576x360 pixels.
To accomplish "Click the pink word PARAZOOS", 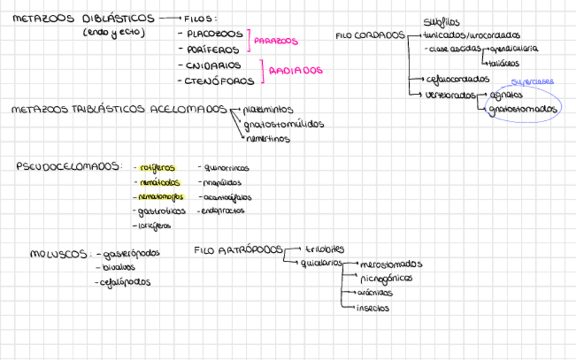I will (276, 41).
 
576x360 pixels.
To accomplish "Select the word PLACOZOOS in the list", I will (214, 33).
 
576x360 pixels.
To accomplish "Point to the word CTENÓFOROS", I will (219, 82).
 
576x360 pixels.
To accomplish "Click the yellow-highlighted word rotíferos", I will (157, 167).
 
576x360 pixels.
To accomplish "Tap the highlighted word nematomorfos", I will (160, 197).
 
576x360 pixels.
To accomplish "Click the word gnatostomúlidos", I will (283, 124).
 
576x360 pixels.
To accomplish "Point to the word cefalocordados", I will (458, 78).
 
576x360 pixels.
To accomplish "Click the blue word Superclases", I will (533, 82).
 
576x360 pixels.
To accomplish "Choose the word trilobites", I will (325, 249).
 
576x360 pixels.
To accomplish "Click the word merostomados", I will (391, 264).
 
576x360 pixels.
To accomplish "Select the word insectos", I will (374, 308).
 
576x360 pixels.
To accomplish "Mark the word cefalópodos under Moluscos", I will (125, 281).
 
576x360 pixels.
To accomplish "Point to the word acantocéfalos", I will (227, 197).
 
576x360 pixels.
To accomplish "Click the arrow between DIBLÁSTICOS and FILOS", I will (170, 18).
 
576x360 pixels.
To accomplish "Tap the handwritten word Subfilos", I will (441, 22).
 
